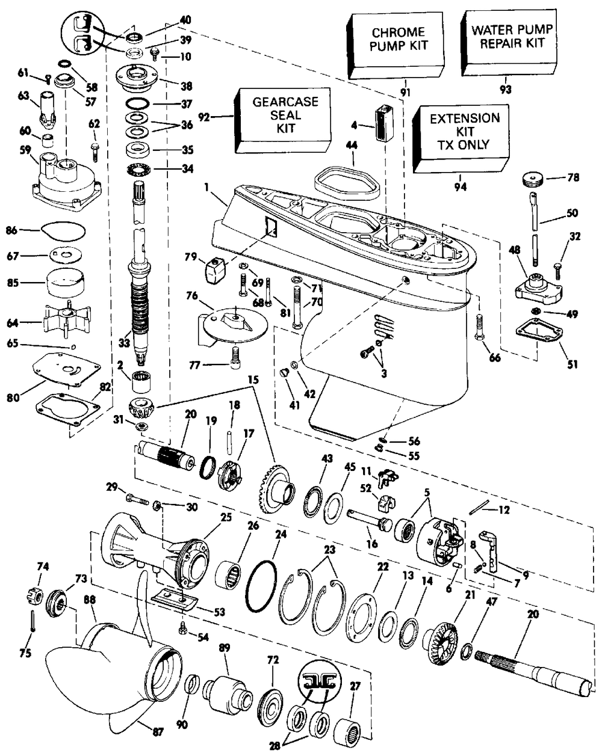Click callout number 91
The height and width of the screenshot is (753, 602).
[x=405, y=93]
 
